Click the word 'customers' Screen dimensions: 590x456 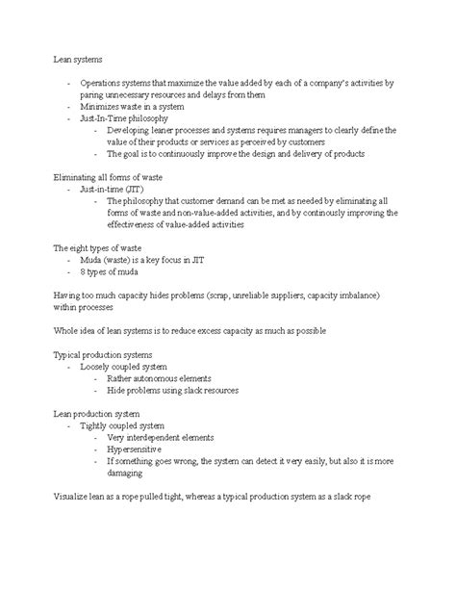pos(330,142)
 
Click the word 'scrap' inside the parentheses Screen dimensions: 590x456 pos(235,295)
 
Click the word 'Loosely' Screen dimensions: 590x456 pos(99,366)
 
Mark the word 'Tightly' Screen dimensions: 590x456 pos(97,424)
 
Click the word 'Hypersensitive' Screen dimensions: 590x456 pos(141,449)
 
